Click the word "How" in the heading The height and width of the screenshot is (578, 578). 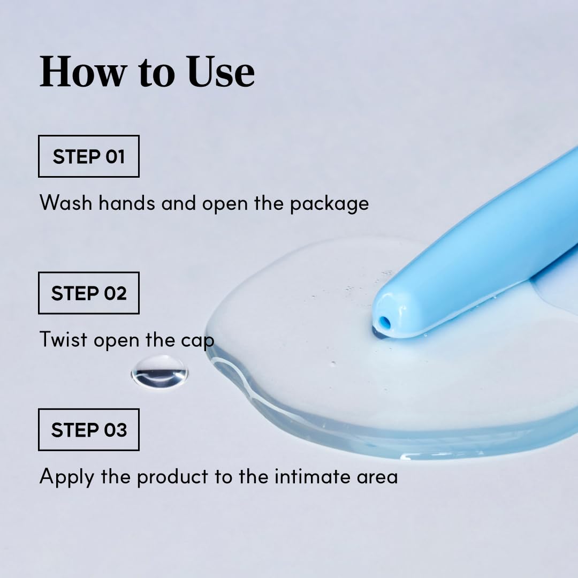[83, 72]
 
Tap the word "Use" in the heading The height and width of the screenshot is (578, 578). [220, 72]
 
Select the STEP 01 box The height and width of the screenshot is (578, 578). [89, 156]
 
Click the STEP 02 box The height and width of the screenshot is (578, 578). [89, 293]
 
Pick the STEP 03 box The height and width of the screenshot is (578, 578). [89, 430]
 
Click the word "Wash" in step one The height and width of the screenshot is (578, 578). [66, 203]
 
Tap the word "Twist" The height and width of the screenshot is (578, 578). [63, 339]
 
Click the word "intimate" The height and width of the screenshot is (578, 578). [313, 476]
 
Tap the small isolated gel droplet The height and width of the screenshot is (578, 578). [159, 371]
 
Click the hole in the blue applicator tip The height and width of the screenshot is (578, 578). [384, 323]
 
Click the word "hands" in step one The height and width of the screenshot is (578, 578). [127, 203]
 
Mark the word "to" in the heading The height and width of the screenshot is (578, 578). [156, 73]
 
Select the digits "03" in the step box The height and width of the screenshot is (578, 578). [115, 430]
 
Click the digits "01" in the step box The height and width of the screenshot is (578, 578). [115, 156]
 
